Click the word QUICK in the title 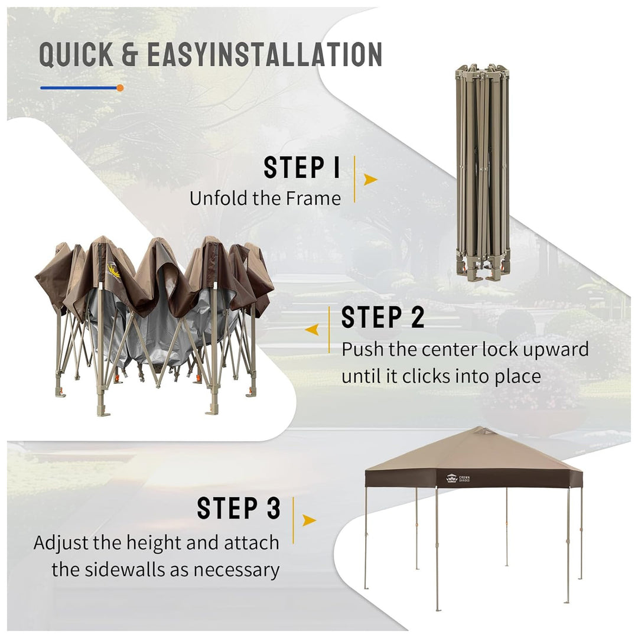coord(76,54)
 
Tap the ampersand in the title coord(130,54)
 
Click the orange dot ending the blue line coord(119,87)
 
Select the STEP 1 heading coord(301,167)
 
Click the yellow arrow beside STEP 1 coord(370,180)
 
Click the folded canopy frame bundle coord(483,172)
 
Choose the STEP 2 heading coord(382,317)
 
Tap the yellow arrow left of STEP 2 coord(312,330)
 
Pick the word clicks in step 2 coord(425,376)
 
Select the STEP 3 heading coord(239,508)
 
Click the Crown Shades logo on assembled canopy coord(458,479)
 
